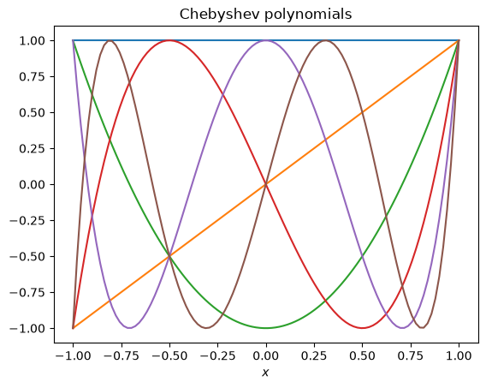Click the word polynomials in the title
[x=308, y=15]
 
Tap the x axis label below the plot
[x=265, y=373]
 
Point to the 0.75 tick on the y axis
[x=33, y=76]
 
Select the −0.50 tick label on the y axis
[x=28, y=256]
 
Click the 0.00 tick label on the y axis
[x=33, y=184]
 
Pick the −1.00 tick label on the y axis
[x=28, y=328]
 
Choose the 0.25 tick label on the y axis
[x=33, y=148]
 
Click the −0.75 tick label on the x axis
[x=121, y=355]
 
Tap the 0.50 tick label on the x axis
[x=362, y=355]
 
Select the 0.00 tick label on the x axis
[x=266, y=355]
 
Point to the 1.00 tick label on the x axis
[x=459, y=355]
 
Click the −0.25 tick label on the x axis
[x=217, y=355]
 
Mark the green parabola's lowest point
[x=266, y=328]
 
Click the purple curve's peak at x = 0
[x=266, y=40]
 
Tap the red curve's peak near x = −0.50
[x=169, y=40]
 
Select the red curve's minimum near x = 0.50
[x=362, y=328]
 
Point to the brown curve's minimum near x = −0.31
[x=206, y=328]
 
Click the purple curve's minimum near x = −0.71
[x=129, y=328]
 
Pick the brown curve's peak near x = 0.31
[x=325, y=40]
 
